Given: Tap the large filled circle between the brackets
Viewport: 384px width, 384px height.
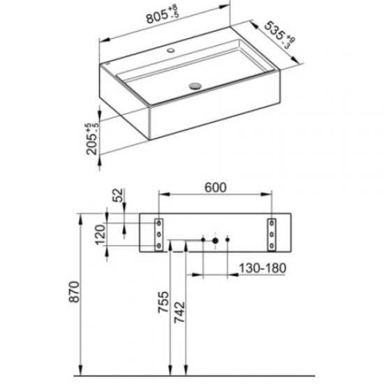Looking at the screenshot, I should [215, 241].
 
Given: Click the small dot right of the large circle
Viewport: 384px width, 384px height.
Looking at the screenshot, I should [229, 241].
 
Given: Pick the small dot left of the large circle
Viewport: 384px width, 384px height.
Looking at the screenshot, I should [202, 241].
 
